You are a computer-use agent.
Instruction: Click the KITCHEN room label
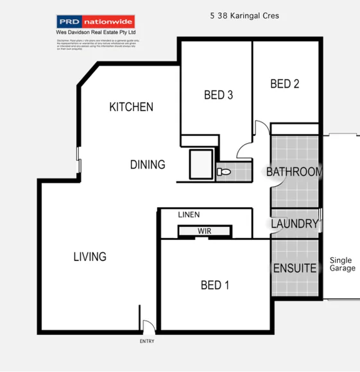coord(131,106)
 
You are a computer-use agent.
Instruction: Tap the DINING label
coord(148,165)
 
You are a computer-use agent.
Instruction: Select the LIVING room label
coord(89,257)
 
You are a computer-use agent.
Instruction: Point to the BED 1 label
coord(214,285)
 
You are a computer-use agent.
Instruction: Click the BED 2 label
coord(285,83)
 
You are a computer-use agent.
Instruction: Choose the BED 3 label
coord(218,96)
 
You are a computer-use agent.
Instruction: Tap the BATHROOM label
coord(294,172)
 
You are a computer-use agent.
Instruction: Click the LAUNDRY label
coord(295,224)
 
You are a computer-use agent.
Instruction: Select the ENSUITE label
coord(295,268)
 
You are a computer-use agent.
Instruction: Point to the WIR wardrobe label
coord(205,231)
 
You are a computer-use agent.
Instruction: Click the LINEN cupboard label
coord(189,214)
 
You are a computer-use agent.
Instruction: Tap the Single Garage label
coord(342,264)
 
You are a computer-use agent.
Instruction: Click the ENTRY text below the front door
coord(147,341)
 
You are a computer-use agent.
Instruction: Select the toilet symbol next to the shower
coord(223,172)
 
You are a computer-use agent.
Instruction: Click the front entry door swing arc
coord(148,326)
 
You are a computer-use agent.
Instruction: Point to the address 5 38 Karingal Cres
coord(244,15)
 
